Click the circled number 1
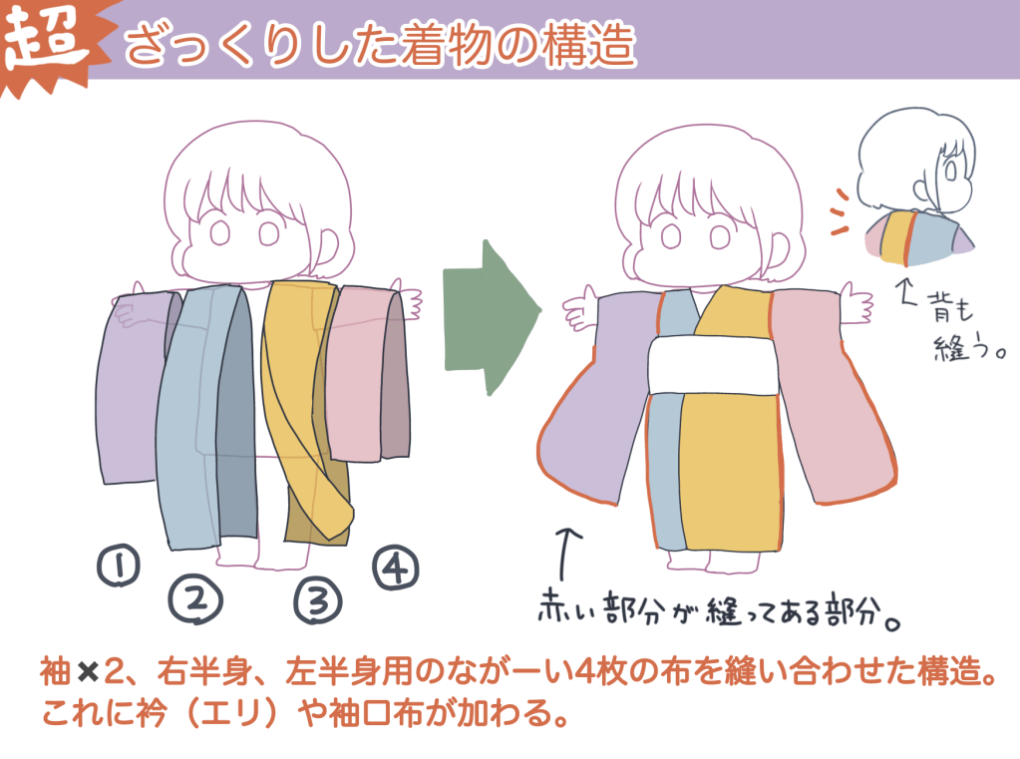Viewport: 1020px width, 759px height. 119,566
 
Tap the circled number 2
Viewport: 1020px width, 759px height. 195,600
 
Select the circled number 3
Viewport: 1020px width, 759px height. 317,600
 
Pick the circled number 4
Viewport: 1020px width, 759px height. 396,567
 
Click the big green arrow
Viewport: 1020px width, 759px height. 492,317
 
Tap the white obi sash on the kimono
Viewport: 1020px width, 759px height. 713,364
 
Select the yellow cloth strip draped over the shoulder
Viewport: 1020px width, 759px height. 306,404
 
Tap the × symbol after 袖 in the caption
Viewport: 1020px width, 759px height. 87,672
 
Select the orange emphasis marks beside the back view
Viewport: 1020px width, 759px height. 840,211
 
